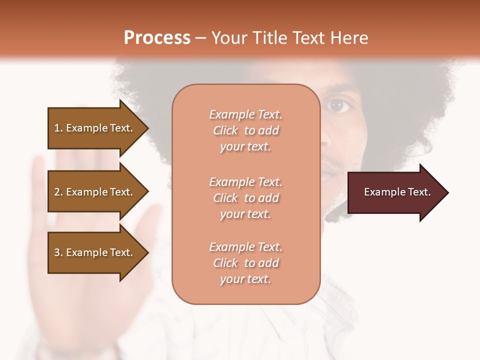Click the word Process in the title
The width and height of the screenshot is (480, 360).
click(x=156, y=37)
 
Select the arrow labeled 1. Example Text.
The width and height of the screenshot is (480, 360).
click(x=95, y=128)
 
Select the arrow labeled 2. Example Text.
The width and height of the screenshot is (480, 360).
click(x=95, y=192)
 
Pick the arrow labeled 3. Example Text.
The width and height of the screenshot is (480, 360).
click(x=95, y=252)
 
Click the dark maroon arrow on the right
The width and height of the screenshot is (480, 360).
click(x=395, y=192)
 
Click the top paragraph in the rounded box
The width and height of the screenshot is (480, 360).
click(x=245, y=130)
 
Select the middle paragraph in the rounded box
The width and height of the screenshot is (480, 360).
click(x=245, y=198)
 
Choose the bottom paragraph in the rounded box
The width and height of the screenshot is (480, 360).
click(x=245, y=263)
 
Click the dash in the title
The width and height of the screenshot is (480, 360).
click(x=201, y=38)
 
